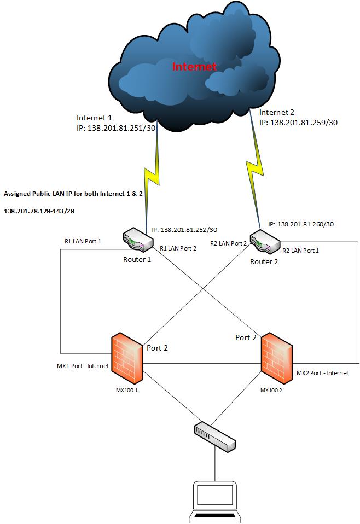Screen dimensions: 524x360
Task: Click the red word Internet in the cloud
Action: (x=195, y=67)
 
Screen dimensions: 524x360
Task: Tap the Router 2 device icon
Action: (x=264, y=242)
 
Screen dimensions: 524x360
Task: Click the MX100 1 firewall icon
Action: (x=127, y=356)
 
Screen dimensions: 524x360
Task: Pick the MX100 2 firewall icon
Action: (x=276, y=356)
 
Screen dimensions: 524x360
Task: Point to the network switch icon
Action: (x=214, y=436)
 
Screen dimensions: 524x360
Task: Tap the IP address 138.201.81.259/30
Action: (x=299, y=123)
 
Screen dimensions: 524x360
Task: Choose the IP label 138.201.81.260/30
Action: (x=301, y=224)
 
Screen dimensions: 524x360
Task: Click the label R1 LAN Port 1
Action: (x=83, y=241)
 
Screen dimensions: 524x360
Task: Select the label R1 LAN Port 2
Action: (x=178, y=248)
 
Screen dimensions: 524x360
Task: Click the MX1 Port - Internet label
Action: (x=82, y=366)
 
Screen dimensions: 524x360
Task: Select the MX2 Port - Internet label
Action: (x=322, y=372)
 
